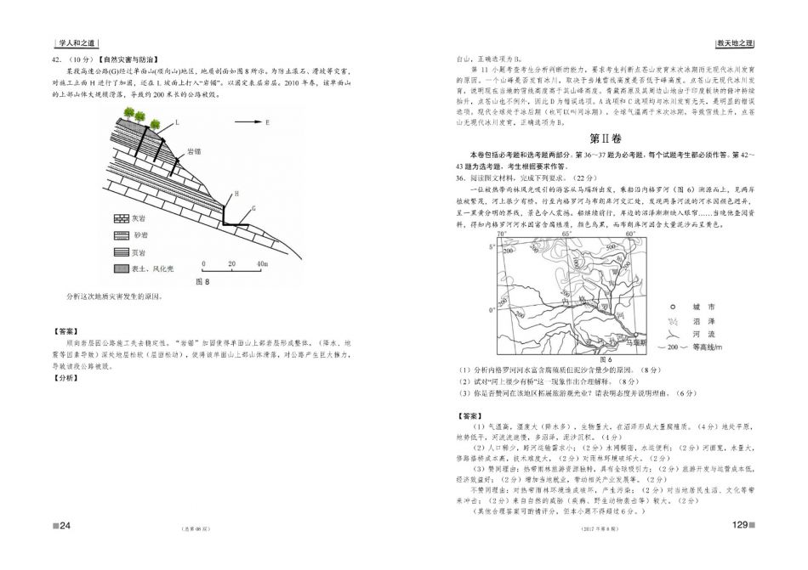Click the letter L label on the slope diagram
pyautogui.click(x=177, y=122)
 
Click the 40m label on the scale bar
pyautogui.click(x=262, y=263)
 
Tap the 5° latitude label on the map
pyautogui.click(x=492, y=247)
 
